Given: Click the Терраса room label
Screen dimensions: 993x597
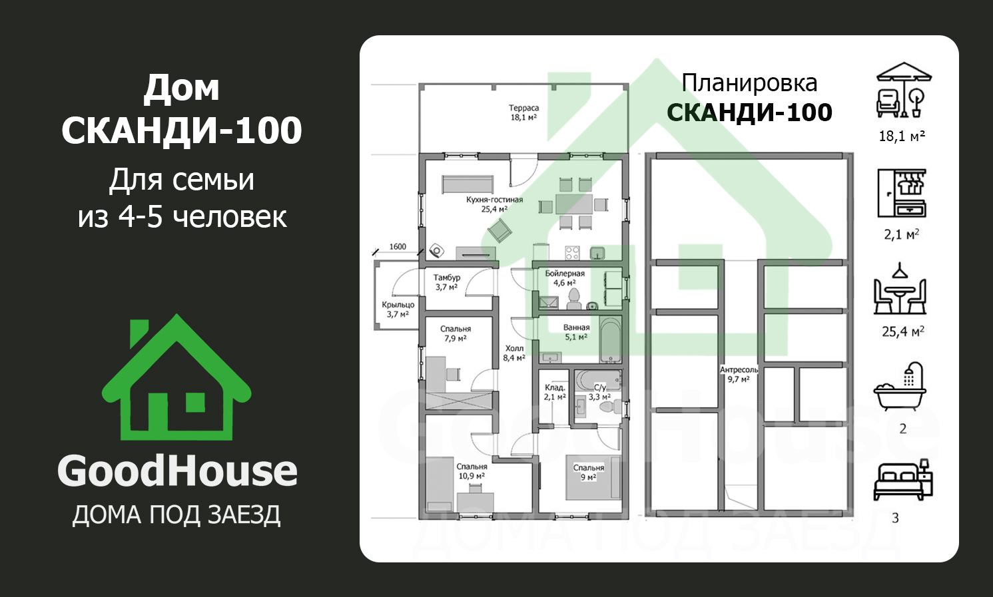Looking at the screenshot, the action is [x=523, y=108].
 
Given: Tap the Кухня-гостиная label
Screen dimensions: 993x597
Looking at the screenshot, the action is [x=494, y=200].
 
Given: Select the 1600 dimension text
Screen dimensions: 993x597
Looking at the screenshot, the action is [x=398, y=247].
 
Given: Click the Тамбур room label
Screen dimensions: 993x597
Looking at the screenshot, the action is [x=447, y=278].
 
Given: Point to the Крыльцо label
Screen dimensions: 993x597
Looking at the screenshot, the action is [x=398, y=305].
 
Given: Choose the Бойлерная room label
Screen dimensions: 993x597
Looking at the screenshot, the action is [x=565, y=274].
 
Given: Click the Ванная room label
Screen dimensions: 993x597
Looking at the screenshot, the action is [x=576, y=327].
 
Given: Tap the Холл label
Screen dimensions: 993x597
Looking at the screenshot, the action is [x=514, y=349].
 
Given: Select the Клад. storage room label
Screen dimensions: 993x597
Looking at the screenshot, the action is [x=555, y=387].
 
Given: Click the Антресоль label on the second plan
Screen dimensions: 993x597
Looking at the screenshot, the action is [x=739, y=369].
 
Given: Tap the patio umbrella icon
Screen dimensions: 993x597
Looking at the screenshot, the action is [x=904, y=90].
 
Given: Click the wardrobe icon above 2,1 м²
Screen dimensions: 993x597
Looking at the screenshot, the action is [x=902, y=193].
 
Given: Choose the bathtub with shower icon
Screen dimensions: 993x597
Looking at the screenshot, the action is [x=900, y=387].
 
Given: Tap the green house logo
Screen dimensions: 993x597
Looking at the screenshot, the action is [x=176, y=377].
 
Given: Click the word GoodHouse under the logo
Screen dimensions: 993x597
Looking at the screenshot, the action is [x=177, y=471].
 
